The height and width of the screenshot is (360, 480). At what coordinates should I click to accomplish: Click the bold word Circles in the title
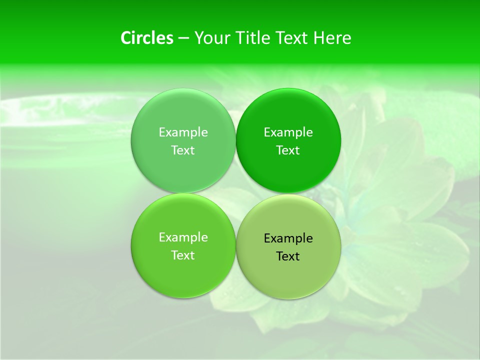[x=147, y=38]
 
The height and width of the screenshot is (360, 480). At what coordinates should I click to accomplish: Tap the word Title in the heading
[x=253, y=38]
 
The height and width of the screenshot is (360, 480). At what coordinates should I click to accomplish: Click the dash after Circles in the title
[x=183, y=38]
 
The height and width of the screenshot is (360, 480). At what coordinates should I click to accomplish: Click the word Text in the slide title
[x=292, y=38]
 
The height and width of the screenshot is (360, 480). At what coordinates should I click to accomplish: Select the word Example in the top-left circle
[x=183, y=132]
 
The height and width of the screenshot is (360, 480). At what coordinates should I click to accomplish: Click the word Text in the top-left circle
[x=183, y=150]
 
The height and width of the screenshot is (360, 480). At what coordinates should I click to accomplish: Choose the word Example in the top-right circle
[x=288, y=132]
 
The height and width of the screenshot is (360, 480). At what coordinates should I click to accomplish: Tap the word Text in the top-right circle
[x=288, y=150]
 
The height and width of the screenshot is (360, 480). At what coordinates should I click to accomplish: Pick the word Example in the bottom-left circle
[x=183, y=237]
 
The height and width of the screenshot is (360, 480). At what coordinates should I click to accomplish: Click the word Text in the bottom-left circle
[x=183, y=255]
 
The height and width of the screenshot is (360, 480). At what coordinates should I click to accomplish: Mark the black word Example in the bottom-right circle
[x=288, y=238]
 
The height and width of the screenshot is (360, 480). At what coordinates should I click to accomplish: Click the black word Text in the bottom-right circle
[x=288, y=256]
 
